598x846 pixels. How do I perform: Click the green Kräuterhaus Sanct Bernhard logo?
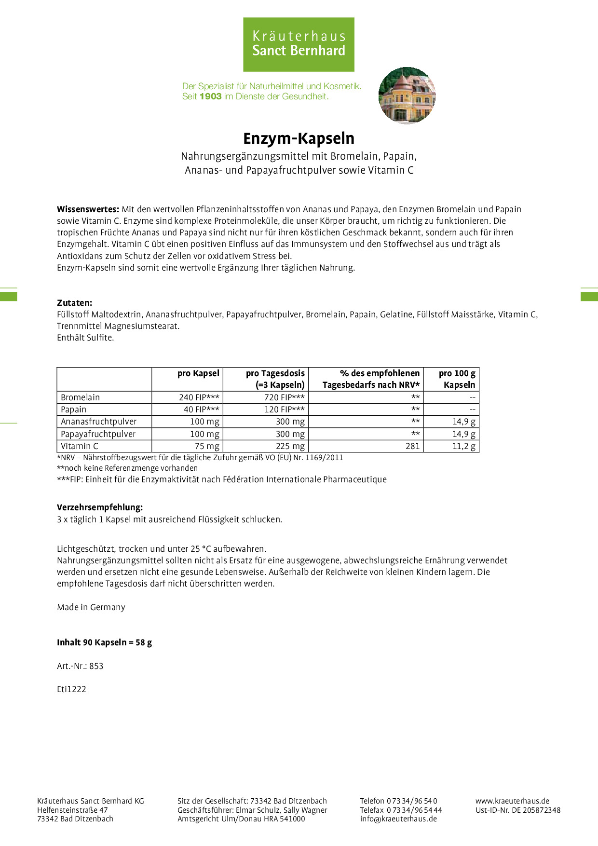pyautogui.click(x=299, y=44)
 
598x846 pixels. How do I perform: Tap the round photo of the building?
pyautogui.click(x=407, y=96)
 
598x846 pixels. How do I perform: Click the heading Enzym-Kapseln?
pyautogui.click(x=299, y=138)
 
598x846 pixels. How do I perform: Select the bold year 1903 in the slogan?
pyautogui.click(x=210, y=96)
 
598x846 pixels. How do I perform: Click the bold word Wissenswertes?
pyautogui.click(x=88, y=209)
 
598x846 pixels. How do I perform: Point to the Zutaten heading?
pyautogui.click(x=74, y=303)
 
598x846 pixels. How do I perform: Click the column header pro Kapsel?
pyautogui.click(x=198, y=373)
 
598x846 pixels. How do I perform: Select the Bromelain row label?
pyautogui.click(x=81, y=397)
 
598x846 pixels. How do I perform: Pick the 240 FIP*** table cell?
pyautogui.click(x=199, y=397)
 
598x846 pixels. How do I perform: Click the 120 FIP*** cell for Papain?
pyautogui.click(x=285, y=409)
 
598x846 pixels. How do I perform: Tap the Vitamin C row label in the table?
pyautogui.click(x=80, y=446)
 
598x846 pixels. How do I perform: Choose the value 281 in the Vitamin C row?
pyautogui.click(x=413, y=446)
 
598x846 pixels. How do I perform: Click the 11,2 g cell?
pyautogui.click(x=464, y=446)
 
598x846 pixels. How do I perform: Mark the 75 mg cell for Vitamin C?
pyautogui.click(x=207, y=446)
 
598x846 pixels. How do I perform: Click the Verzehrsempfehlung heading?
pyautogui.click(x=100, y=507)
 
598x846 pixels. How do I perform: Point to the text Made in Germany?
pyautogui.click(x=91, y=607)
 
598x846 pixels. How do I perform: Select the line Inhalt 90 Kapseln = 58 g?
pyautogui.click(x=104, y=642)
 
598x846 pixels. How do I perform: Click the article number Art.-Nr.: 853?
pyautogui.click(x=80, y=666)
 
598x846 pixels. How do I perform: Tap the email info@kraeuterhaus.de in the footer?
pyautogui.click(x=398, y=819)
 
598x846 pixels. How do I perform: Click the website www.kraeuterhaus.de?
pyautogui.click(x=512, y=801)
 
